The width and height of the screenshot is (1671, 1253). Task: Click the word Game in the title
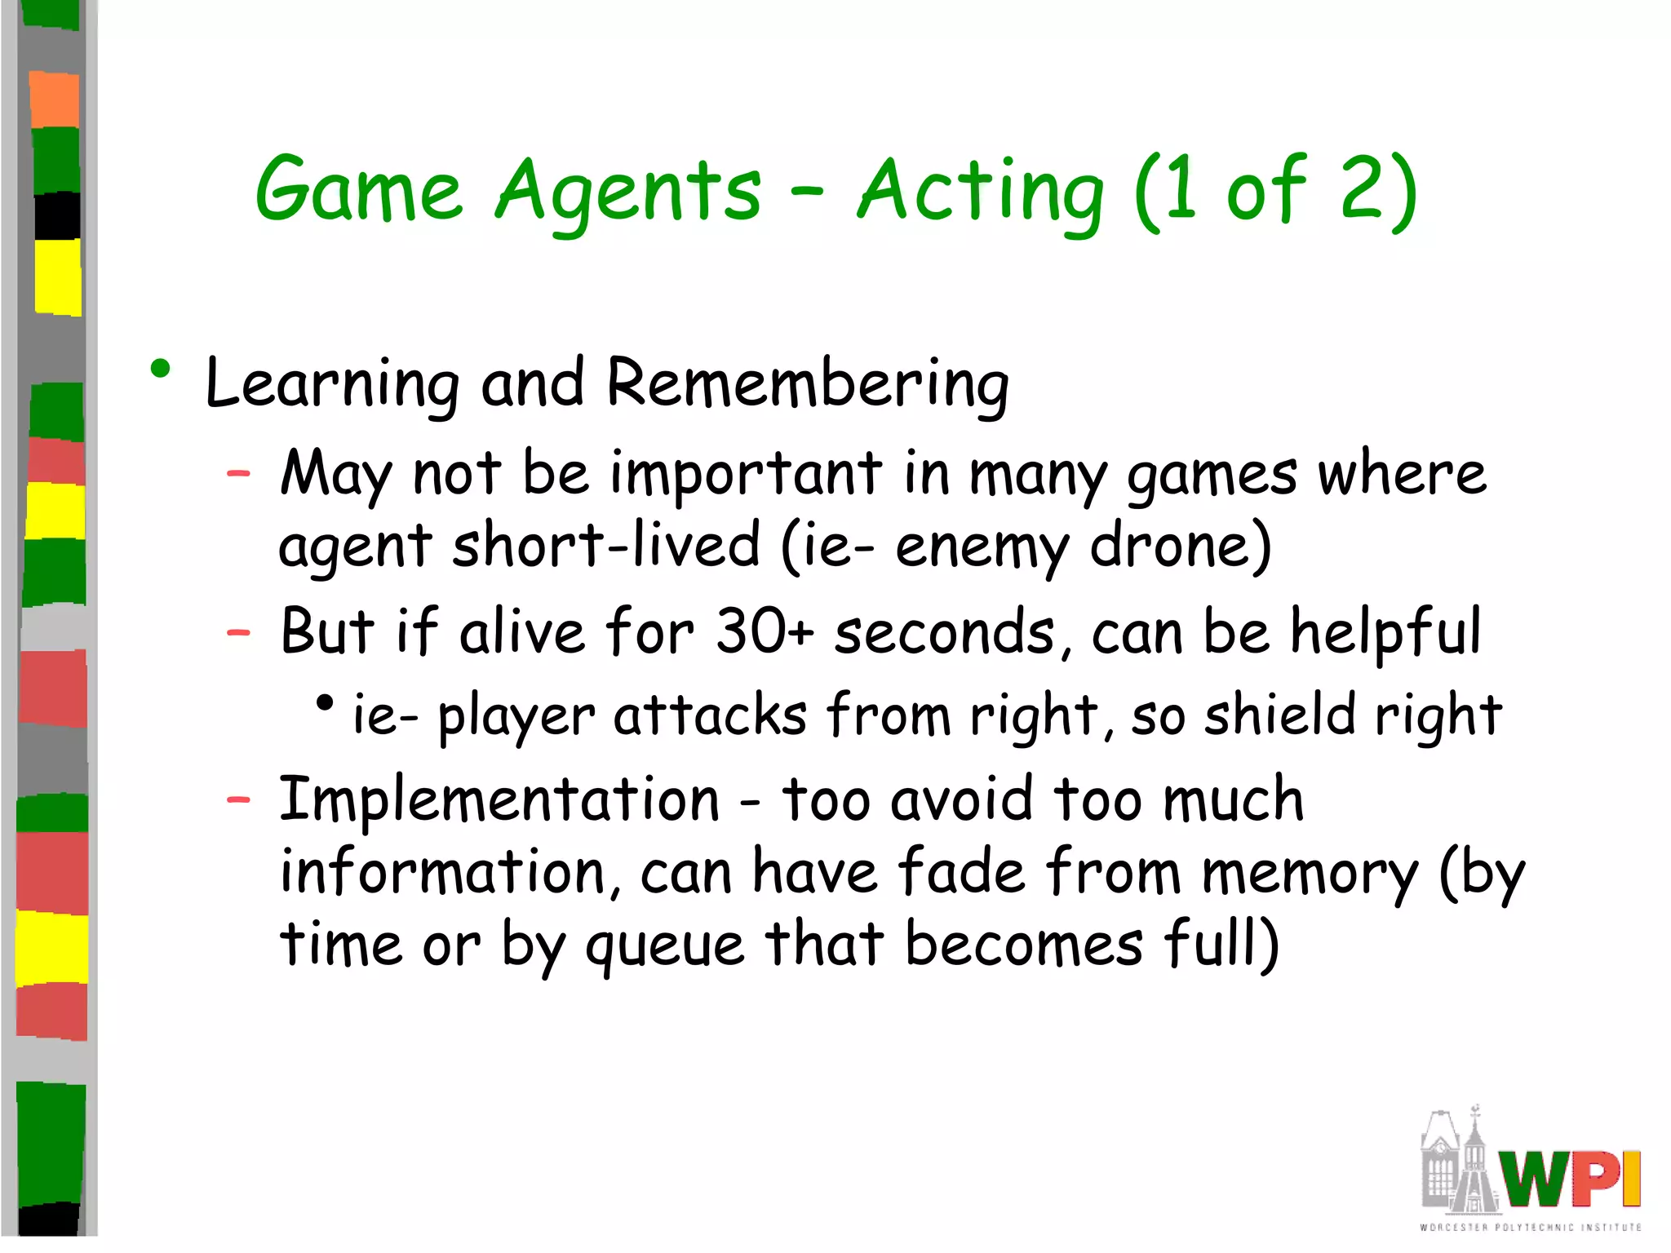coord(359,192)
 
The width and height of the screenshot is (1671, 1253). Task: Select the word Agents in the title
coord(628,192)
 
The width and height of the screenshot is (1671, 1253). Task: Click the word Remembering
coord(808,383)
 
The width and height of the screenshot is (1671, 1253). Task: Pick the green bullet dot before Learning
coord(161,370)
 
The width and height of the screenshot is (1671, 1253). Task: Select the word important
coord(746,473)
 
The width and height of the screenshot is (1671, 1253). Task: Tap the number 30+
coord(765,631)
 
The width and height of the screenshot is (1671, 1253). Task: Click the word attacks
coord(710,715)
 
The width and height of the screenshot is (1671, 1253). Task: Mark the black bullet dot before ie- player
coord(326,702)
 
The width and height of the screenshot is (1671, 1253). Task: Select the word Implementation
coord(499,799)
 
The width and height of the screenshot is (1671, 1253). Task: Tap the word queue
coord(665,945)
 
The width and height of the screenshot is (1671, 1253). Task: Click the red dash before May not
coord(238,472)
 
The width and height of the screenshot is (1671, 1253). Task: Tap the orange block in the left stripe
coord(55,100)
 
